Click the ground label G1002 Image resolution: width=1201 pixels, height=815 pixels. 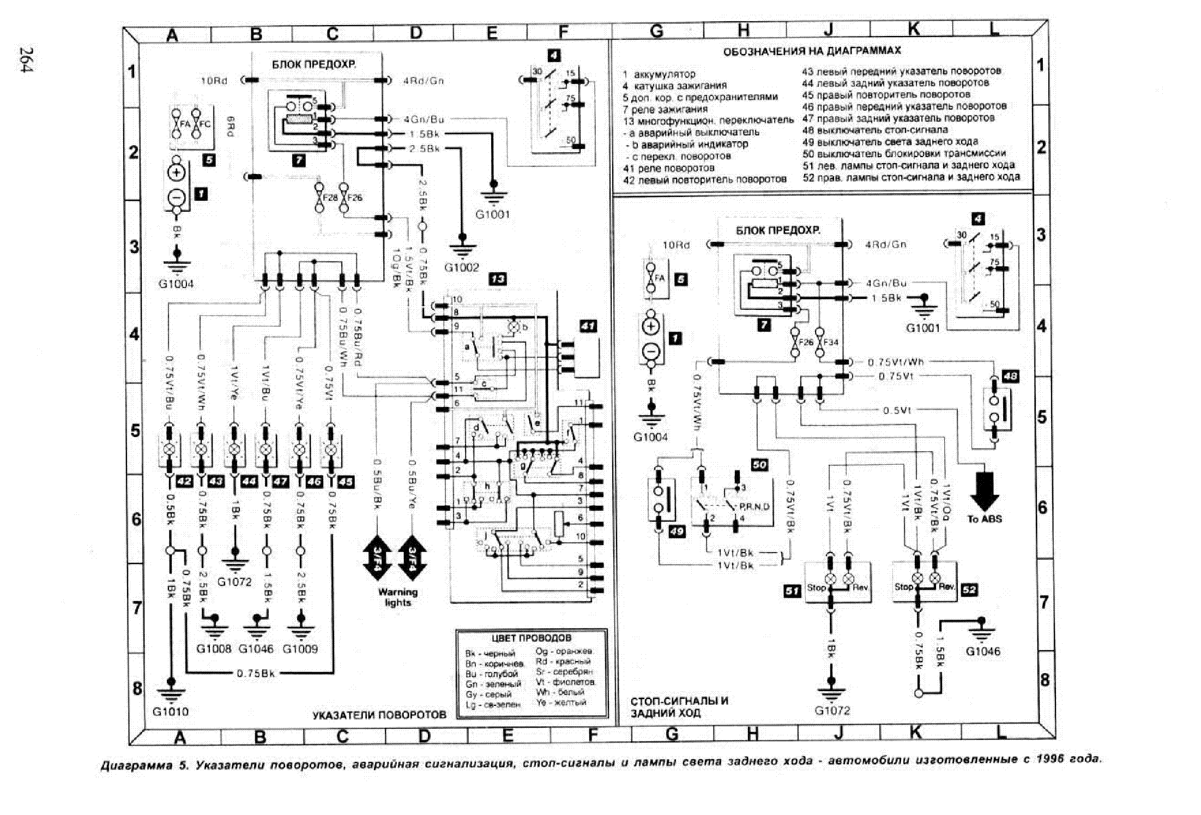[461, 267]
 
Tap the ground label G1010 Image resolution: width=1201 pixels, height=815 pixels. [170, 711]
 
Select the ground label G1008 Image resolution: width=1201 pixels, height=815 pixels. [214, 649]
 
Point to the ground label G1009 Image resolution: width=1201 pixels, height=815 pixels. [300, 649]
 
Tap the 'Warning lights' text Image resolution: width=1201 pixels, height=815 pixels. [398, 597]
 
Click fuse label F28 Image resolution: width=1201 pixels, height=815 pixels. [330, 197]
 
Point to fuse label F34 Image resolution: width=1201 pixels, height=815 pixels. [831, 343]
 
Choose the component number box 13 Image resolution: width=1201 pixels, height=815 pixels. [497, 279]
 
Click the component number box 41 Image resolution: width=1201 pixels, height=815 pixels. [588, 326]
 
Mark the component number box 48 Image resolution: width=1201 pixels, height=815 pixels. [1010, 376]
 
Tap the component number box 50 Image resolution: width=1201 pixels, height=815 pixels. [759, 465]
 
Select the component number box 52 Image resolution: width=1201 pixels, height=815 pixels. [969, 590]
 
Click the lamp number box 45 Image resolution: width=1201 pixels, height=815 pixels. [345, 482]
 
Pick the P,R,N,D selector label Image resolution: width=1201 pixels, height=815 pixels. [754, 507]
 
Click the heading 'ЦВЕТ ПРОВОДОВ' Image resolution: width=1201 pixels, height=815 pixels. [531, 638]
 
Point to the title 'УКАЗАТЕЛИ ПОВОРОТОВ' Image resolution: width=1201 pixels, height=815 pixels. [379, 715]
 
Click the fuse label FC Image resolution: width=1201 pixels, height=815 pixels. [204, 124]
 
